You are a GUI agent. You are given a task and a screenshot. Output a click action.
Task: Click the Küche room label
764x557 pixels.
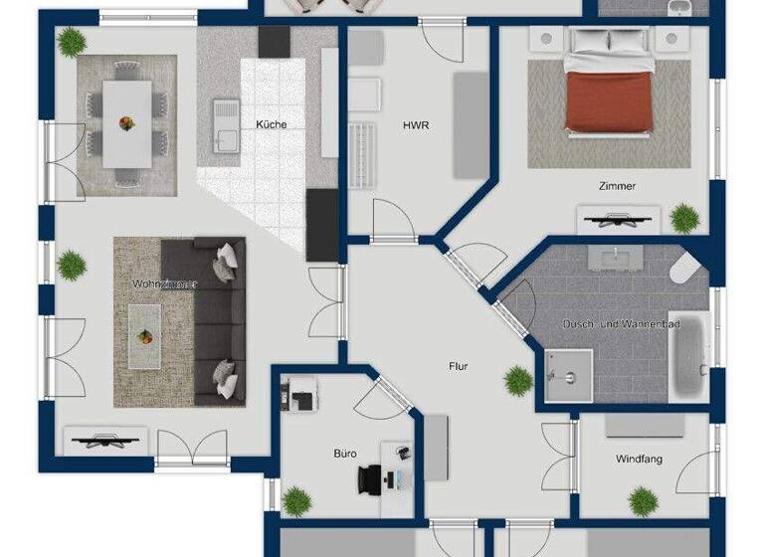click(x=271, y=124)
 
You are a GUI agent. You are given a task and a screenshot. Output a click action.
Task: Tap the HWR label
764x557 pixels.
click(x=415, y=126)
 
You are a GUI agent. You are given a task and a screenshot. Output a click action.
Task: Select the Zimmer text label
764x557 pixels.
click(x=617, y=186)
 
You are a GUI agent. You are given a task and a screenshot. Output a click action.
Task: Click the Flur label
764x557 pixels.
click(x=458, y=366)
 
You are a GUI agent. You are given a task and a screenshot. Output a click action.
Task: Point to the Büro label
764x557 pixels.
click(x=344, y=454)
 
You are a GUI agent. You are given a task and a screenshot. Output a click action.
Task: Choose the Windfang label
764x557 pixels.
click(x=639, y=459)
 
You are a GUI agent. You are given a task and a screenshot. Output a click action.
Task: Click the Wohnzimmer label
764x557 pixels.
click(x=165, y=284)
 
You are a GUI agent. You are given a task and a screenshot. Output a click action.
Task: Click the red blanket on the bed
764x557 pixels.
click(x=609, y=103)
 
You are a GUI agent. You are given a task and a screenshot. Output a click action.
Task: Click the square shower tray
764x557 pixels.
click(x=568, y=376)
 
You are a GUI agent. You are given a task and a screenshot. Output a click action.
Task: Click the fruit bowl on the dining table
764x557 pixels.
click(x=127, y=124)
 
